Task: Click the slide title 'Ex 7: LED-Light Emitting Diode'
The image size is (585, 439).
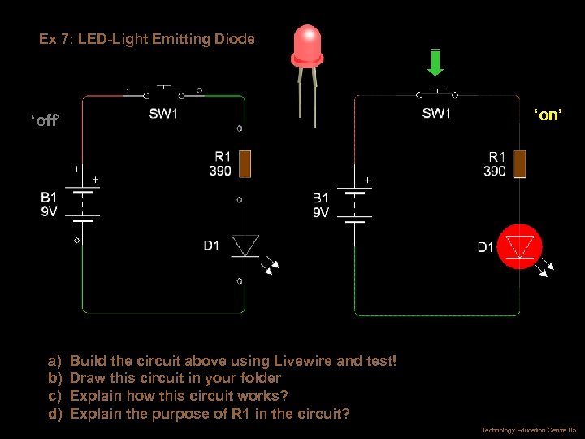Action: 147,39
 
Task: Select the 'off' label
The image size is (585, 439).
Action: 45,121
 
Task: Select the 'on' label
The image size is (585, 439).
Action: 547,115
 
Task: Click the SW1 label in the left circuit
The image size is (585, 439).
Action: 163,114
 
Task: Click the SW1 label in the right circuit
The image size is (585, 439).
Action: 436,114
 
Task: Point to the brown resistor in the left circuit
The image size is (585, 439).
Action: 245,163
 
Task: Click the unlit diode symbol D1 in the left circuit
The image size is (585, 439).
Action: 245,245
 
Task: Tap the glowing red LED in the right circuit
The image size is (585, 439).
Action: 519,246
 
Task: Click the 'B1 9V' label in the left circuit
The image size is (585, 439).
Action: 50,204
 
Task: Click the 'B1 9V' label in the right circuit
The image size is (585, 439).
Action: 321,205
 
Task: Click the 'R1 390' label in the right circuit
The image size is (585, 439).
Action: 494,163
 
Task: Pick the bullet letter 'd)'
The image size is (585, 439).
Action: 55,414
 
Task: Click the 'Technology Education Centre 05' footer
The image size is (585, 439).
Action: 529,430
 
